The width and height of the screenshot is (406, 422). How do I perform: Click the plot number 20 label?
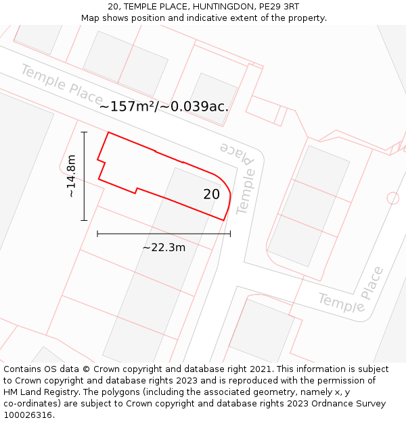(x=211, y=194)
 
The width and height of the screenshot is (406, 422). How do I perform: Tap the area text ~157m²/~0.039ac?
(x=164, y=107)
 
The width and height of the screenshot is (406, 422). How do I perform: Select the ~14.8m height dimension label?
(x=71, y=176)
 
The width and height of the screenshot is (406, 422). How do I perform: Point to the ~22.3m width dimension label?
(x=164, y=248)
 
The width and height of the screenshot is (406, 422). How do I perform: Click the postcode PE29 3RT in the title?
(x=277, y=6)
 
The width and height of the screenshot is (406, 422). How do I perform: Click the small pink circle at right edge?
(x=393, y=198)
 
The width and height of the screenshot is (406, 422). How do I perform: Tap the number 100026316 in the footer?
(x=27, y=415)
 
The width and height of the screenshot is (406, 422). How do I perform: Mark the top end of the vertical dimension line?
(x=84, y=132)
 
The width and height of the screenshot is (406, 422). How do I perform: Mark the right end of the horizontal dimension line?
(x=231, y=234)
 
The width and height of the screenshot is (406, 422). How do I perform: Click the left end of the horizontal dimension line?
(x=97, y=234)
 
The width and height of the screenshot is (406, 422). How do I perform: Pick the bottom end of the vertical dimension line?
(x=84, y=220)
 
